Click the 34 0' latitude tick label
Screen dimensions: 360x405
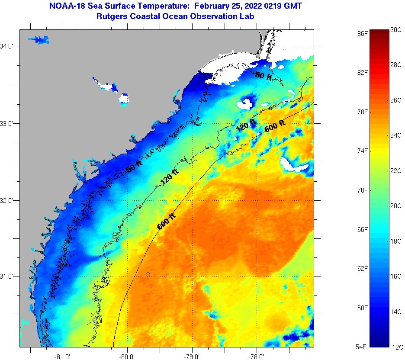9,46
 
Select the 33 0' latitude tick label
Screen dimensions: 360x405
9,123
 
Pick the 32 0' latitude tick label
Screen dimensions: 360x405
9,200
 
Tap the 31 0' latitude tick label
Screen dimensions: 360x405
9,276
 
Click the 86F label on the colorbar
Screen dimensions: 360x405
363,33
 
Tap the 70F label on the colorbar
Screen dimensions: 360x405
363,190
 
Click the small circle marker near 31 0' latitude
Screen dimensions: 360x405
148,274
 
